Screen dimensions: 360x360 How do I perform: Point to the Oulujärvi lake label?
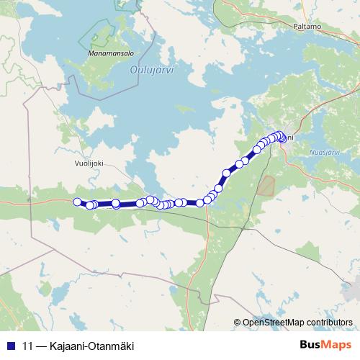[x=153, y=70]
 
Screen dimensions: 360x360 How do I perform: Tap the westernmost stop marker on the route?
[x=78, y=202]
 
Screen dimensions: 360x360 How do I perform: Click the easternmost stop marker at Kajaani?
[x=282, y=138]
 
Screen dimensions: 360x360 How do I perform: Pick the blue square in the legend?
[x=11, y=346]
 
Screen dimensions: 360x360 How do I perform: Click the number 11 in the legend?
[x=28, y=346]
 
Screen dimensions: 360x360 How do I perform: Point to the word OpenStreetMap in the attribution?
[x=273, y=323]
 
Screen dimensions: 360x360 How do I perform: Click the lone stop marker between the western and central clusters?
[x=116, y=204]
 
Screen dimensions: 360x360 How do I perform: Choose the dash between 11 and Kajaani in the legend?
[x=41, y=346]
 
